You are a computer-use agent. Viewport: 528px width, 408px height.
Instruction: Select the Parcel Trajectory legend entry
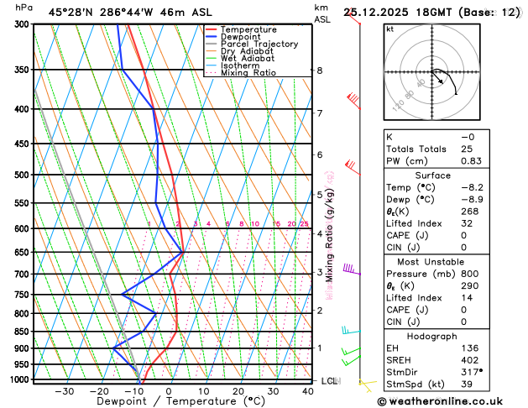click(259, 44)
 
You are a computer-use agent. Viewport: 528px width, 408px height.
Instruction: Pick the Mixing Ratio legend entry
click(250, 73)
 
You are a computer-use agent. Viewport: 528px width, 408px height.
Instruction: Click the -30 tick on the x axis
click(64, 391)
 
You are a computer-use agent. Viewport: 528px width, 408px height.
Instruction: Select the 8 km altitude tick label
click(320, 71)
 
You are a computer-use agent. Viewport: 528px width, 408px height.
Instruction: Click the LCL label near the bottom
click(329, 381)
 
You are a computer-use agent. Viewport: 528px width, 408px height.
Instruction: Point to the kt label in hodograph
click(389, 29)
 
